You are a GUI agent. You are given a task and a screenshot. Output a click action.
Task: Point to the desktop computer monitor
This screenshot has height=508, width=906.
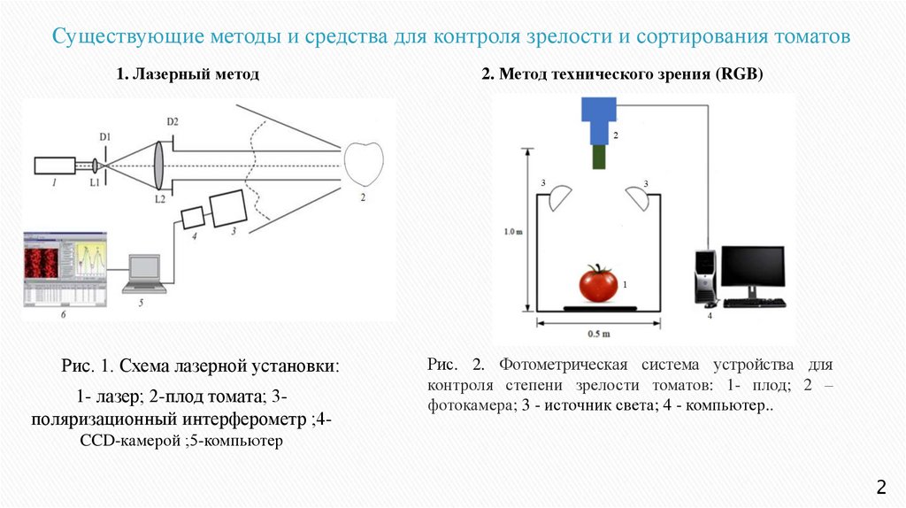pyautogui.click(x=753, y=270)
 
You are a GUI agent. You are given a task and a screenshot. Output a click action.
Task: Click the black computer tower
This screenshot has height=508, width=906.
pyautogui.click(x=704, y=279)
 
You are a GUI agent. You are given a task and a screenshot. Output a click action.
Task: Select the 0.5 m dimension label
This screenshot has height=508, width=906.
pyautogui.click(x=599, y=335)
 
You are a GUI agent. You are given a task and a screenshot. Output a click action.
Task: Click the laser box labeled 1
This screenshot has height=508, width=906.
pyautogui.click(x=56, y=165)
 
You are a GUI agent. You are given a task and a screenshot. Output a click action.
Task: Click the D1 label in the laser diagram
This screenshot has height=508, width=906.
pyautogui.click(x=104, y=136)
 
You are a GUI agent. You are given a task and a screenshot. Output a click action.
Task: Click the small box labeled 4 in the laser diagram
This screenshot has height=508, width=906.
pyautogui.click(x=192, y=217)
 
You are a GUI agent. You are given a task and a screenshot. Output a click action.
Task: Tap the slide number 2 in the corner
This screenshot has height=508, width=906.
pyautogui.click(x=880, y=486)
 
